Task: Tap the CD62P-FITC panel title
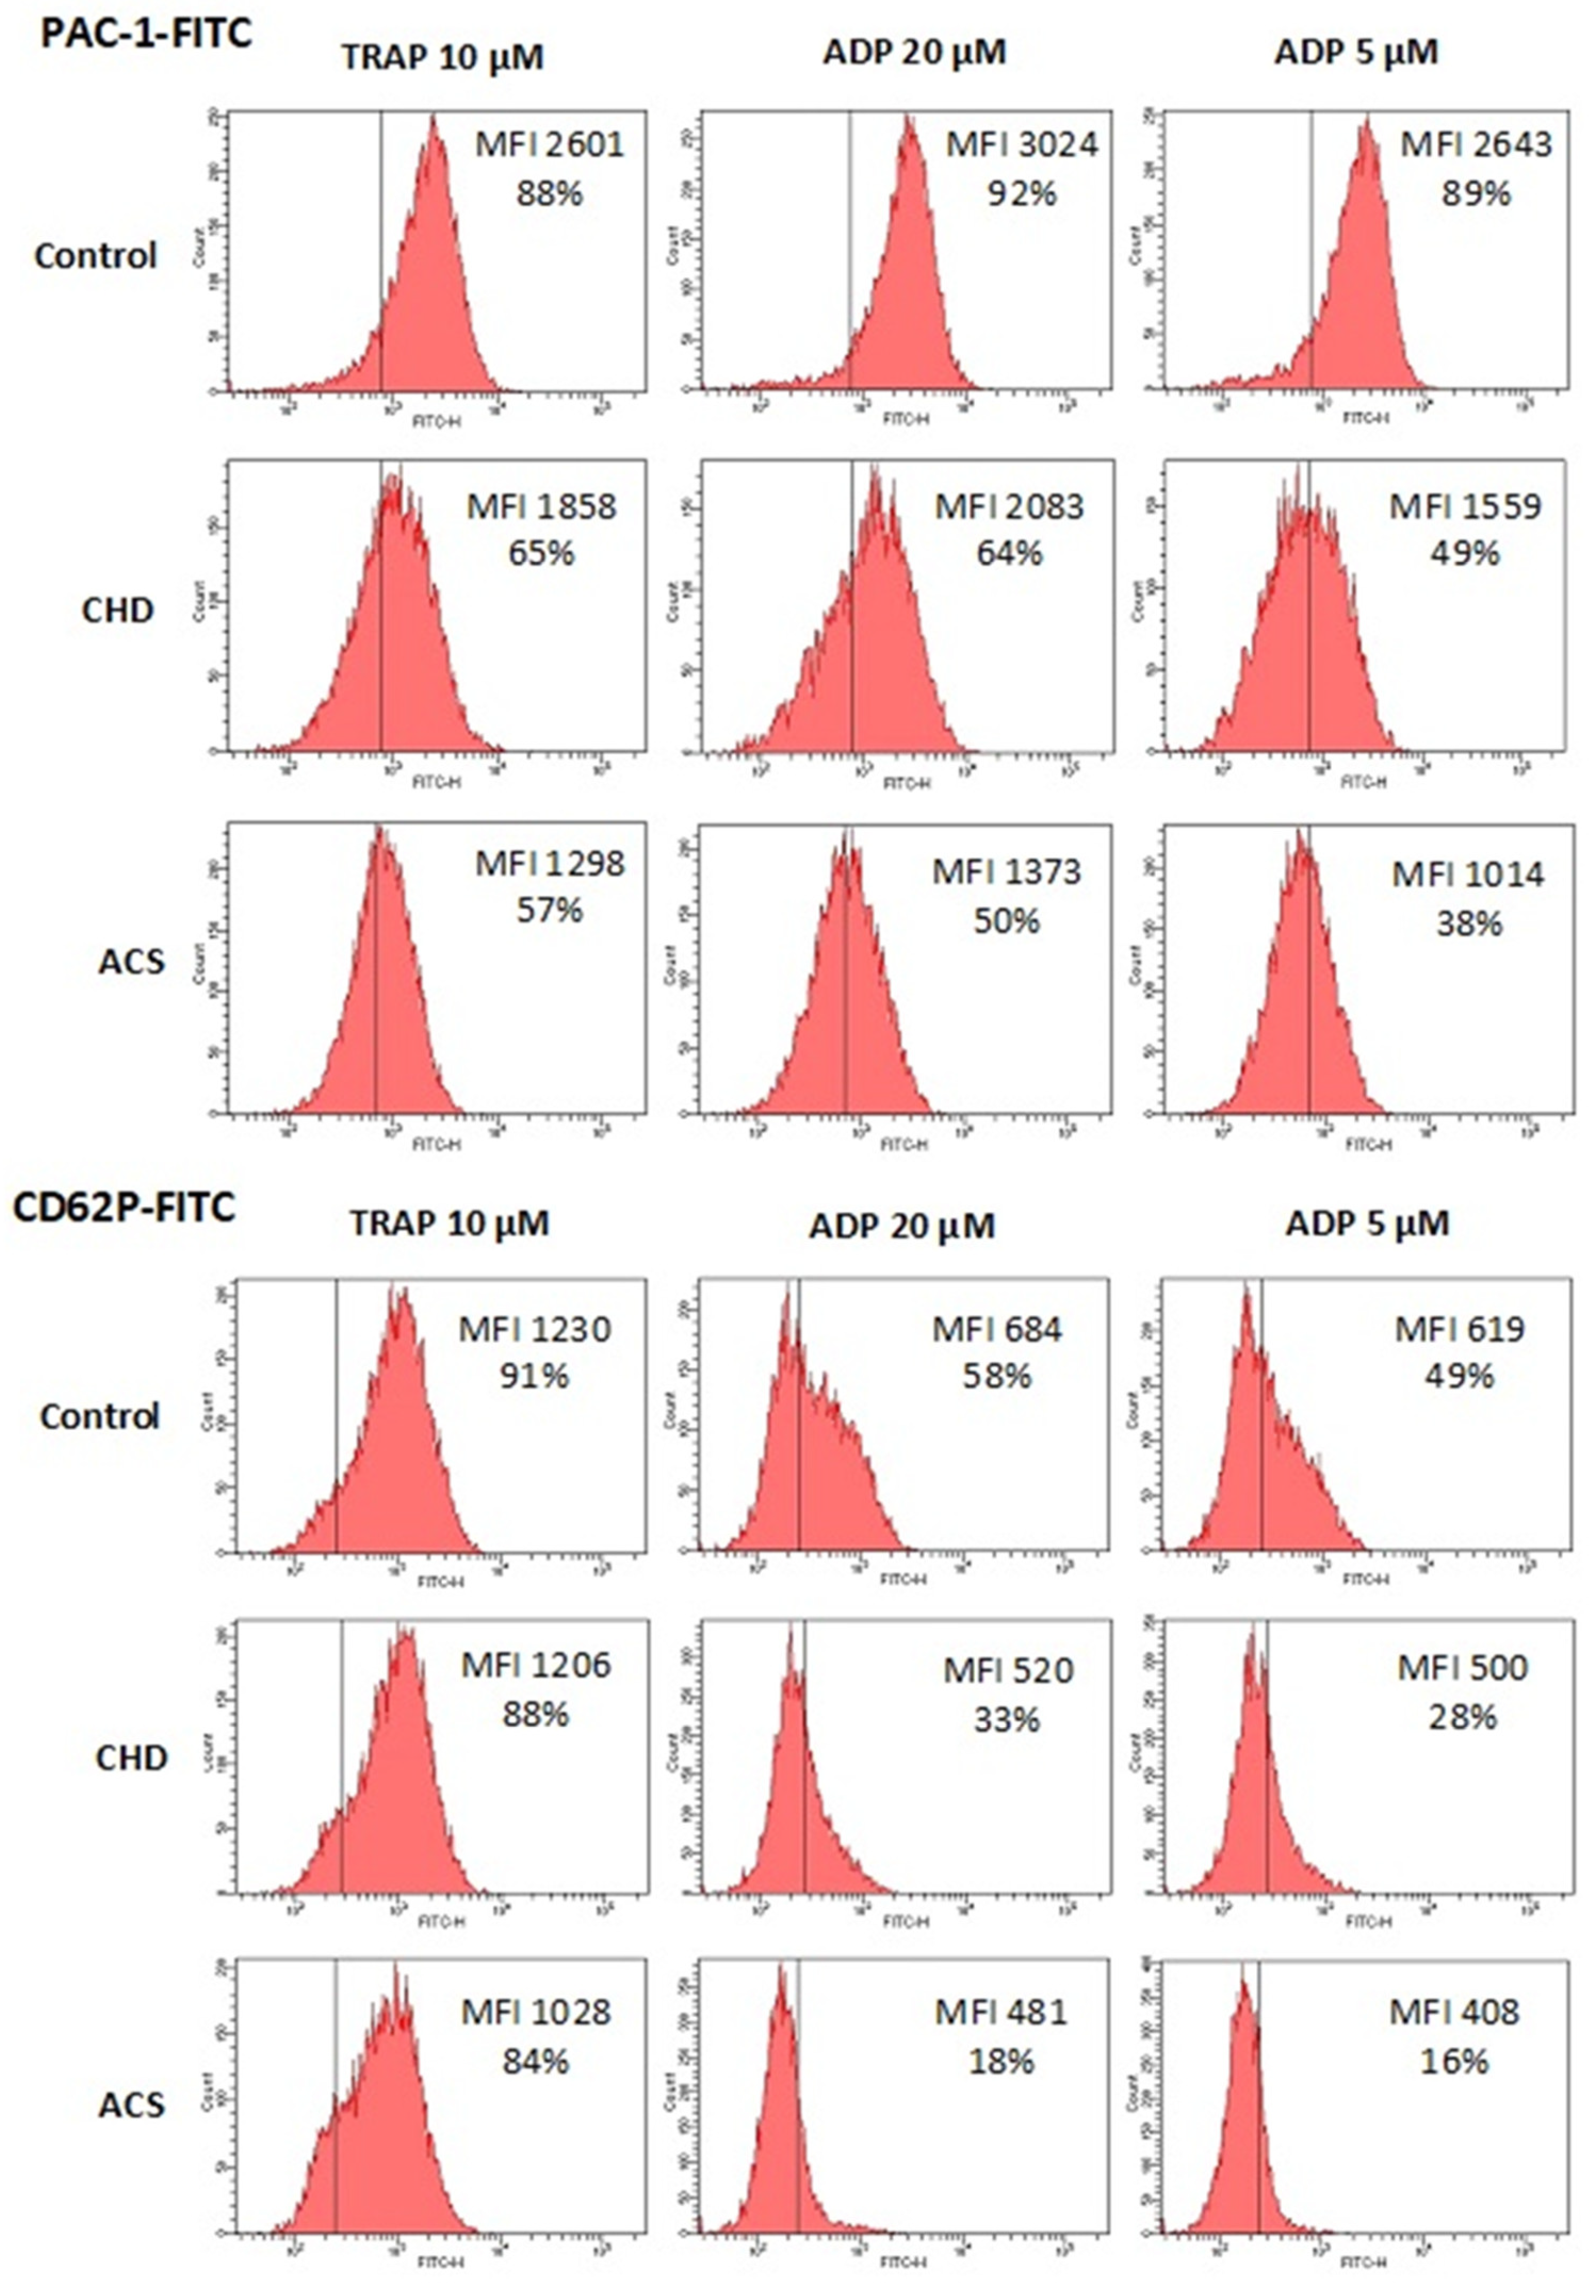click(124, 1208)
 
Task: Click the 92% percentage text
click(1022, 192)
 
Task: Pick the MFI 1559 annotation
click(1464, 507)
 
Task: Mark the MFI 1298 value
click(550, 863)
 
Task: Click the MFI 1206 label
click(536, 1665)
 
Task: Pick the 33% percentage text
click(1007, 1718)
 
